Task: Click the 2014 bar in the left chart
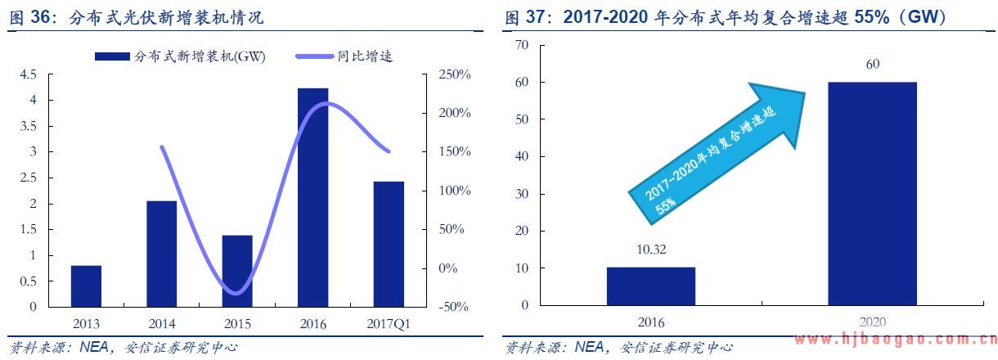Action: [162, 254]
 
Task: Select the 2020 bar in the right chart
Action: [872, 194]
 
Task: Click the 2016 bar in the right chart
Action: [650, 286]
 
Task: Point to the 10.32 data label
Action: [650, 250]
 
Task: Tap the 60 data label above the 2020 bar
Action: [872, 65]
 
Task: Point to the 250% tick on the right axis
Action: [454, 74]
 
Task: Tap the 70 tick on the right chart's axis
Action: [521, 45]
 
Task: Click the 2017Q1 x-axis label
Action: [389, 324]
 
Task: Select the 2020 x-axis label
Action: [872, 322]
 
